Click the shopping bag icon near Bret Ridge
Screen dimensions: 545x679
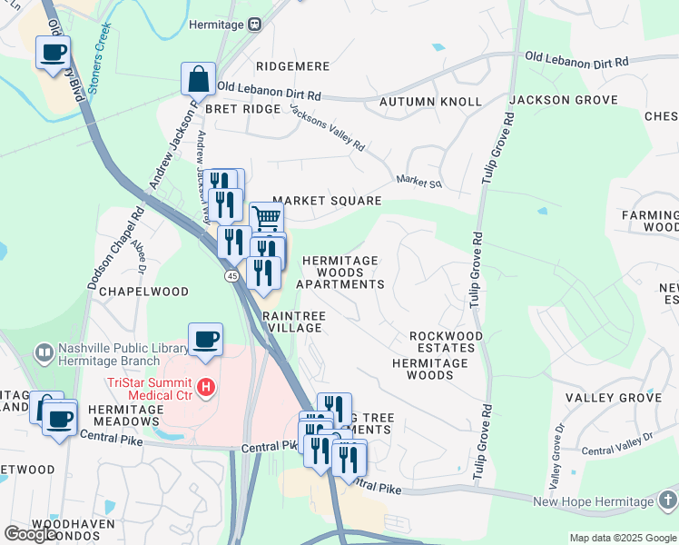pyautogui.click(x=198, y=80)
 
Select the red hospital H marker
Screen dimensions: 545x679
pyautogui.click(x=207, y=388)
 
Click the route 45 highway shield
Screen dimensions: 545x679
pyautogui.click(x=232, y=275)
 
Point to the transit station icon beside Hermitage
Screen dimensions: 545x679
pyautogui.click(x=255, y=25)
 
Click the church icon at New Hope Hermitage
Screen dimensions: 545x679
pyautogui.click(x=667, y=501)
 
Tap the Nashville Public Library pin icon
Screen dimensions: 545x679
pyautogui.click(x=43, y=352)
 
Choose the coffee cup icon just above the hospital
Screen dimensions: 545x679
pyautogui.click(x=205, y=340)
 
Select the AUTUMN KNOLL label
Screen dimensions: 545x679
pyautogui.click(x=430, y=101)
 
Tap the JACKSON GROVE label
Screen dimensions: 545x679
pyautogui.click(x=564, y=100)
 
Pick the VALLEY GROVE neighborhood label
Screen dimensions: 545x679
pyautogui.click(x=613, y=398)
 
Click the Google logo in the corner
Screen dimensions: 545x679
pyautogui.click(x=31, y=534)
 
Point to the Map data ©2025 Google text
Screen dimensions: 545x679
pyautogui.click(x=623, y=538)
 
